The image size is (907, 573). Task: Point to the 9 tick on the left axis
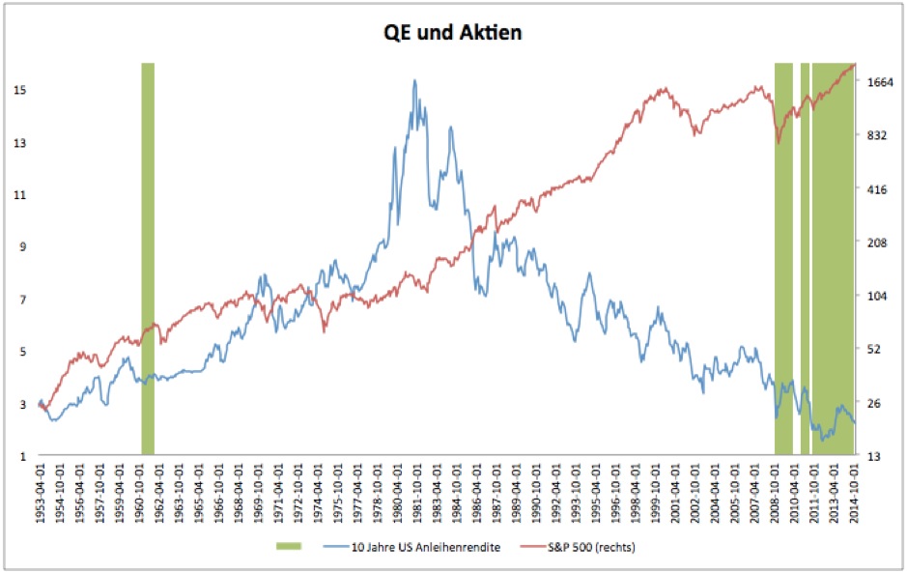[20, 246]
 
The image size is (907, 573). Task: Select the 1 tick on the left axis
[20, 455]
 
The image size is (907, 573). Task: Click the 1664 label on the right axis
[880, 83]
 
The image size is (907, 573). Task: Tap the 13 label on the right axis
[874, 455]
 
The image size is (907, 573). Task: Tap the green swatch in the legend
[284, 547]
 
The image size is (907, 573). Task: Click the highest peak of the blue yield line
[414, 80]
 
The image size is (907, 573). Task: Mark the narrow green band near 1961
[148, 259]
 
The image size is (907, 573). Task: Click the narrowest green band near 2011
[805, 259]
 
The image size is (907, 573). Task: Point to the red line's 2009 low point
[779, 143]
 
